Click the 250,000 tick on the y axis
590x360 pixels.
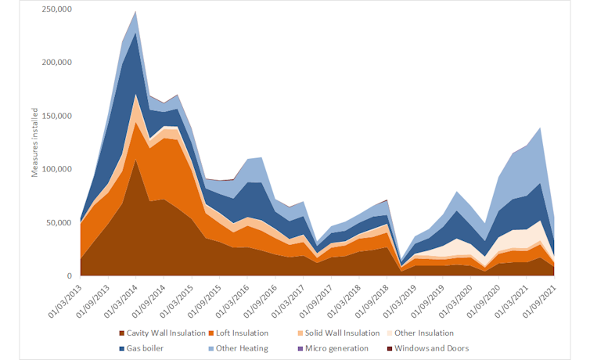tap(56, 9)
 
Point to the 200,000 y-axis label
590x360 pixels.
tap(56, 63)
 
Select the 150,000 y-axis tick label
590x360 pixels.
tap(56, 116)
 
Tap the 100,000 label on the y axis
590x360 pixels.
tap(56, 169)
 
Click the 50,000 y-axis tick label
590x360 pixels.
tap(59, 223)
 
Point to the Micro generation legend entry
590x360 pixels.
tap(337, 347)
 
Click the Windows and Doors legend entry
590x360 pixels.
tap(432, 347)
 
